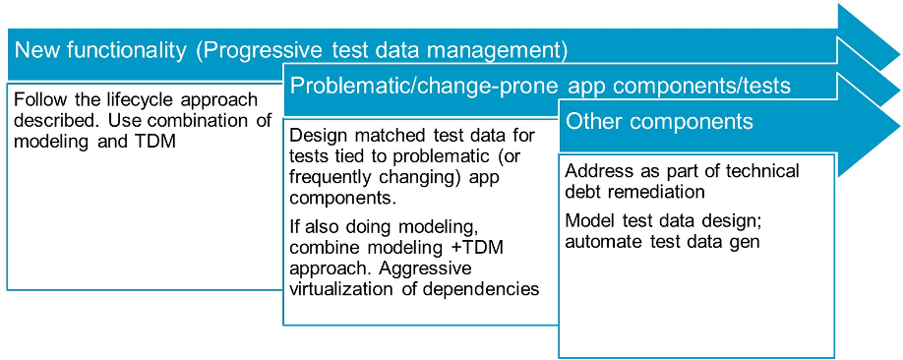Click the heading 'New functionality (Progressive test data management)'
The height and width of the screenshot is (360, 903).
(x=291, y=51)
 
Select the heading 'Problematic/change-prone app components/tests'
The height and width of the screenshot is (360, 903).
(x=540, y=87)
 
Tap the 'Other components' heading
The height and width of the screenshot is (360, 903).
(x=659, y=122)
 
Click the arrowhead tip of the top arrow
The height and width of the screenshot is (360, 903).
(x=899, y=56)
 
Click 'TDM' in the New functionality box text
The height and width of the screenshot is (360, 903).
(x=158, y=141)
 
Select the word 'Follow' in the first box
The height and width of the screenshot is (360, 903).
(x=35, y=99)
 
